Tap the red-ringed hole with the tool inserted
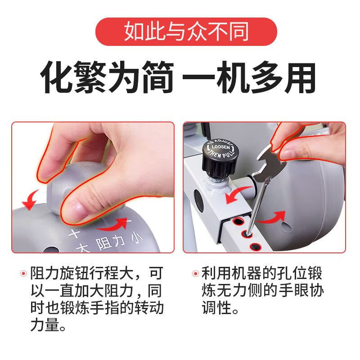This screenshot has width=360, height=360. pyautogui.click(x=247, y=233)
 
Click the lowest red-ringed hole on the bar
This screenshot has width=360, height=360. pyautogui.click(x=256, y=246)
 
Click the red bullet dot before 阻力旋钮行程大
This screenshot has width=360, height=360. pyautogui.click(x=24, y=273)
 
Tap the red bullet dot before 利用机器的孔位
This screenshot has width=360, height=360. pyautogui.click(x=195, y=273)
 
